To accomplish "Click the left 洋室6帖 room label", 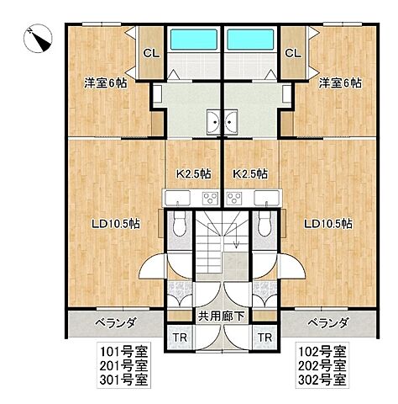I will click(x=105, y=83).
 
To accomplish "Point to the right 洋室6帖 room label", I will click(x=340, y=83).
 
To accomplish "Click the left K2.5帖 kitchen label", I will click(x=192, y=174).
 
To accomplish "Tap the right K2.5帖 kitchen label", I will click(x=250, y=174).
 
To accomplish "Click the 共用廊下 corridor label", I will click(x=223, y=318).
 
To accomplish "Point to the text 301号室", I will click(x=123, y=379).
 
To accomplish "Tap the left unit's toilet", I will click(x=179, y=224).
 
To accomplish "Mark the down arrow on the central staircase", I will click(x=238, y=244).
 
